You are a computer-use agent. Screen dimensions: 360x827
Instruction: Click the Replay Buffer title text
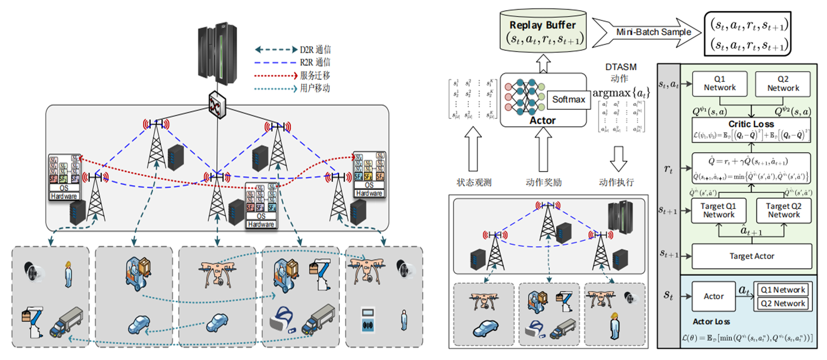click(x=542, y=25)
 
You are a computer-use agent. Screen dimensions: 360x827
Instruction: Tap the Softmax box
click(x=568, y=100)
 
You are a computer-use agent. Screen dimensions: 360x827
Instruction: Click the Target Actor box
click(x=751, y=256)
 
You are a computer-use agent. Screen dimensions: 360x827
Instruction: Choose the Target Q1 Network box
click(x=718, y=210)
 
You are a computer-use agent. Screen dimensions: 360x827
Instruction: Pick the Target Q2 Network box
click(x=783, y=210)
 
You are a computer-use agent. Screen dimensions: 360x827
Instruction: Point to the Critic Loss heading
click(x=751, y=124)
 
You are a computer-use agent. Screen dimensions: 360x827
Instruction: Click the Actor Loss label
click(x=711, y=322)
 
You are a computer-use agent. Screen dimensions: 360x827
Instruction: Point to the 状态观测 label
click(x=474, y=183)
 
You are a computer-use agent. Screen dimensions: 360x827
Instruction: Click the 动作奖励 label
click(x=544, y=183)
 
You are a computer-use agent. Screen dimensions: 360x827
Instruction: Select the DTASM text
click(x=621, y=67)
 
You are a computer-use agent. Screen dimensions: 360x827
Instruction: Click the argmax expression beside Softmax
click(x=621, y=93)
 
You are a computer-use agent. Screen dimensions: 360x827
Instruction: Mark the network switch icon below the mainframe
click(x=217, y=105)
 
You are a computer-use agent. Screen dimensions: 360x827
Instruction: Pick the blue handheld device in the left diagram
click(x=368, y=321)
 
